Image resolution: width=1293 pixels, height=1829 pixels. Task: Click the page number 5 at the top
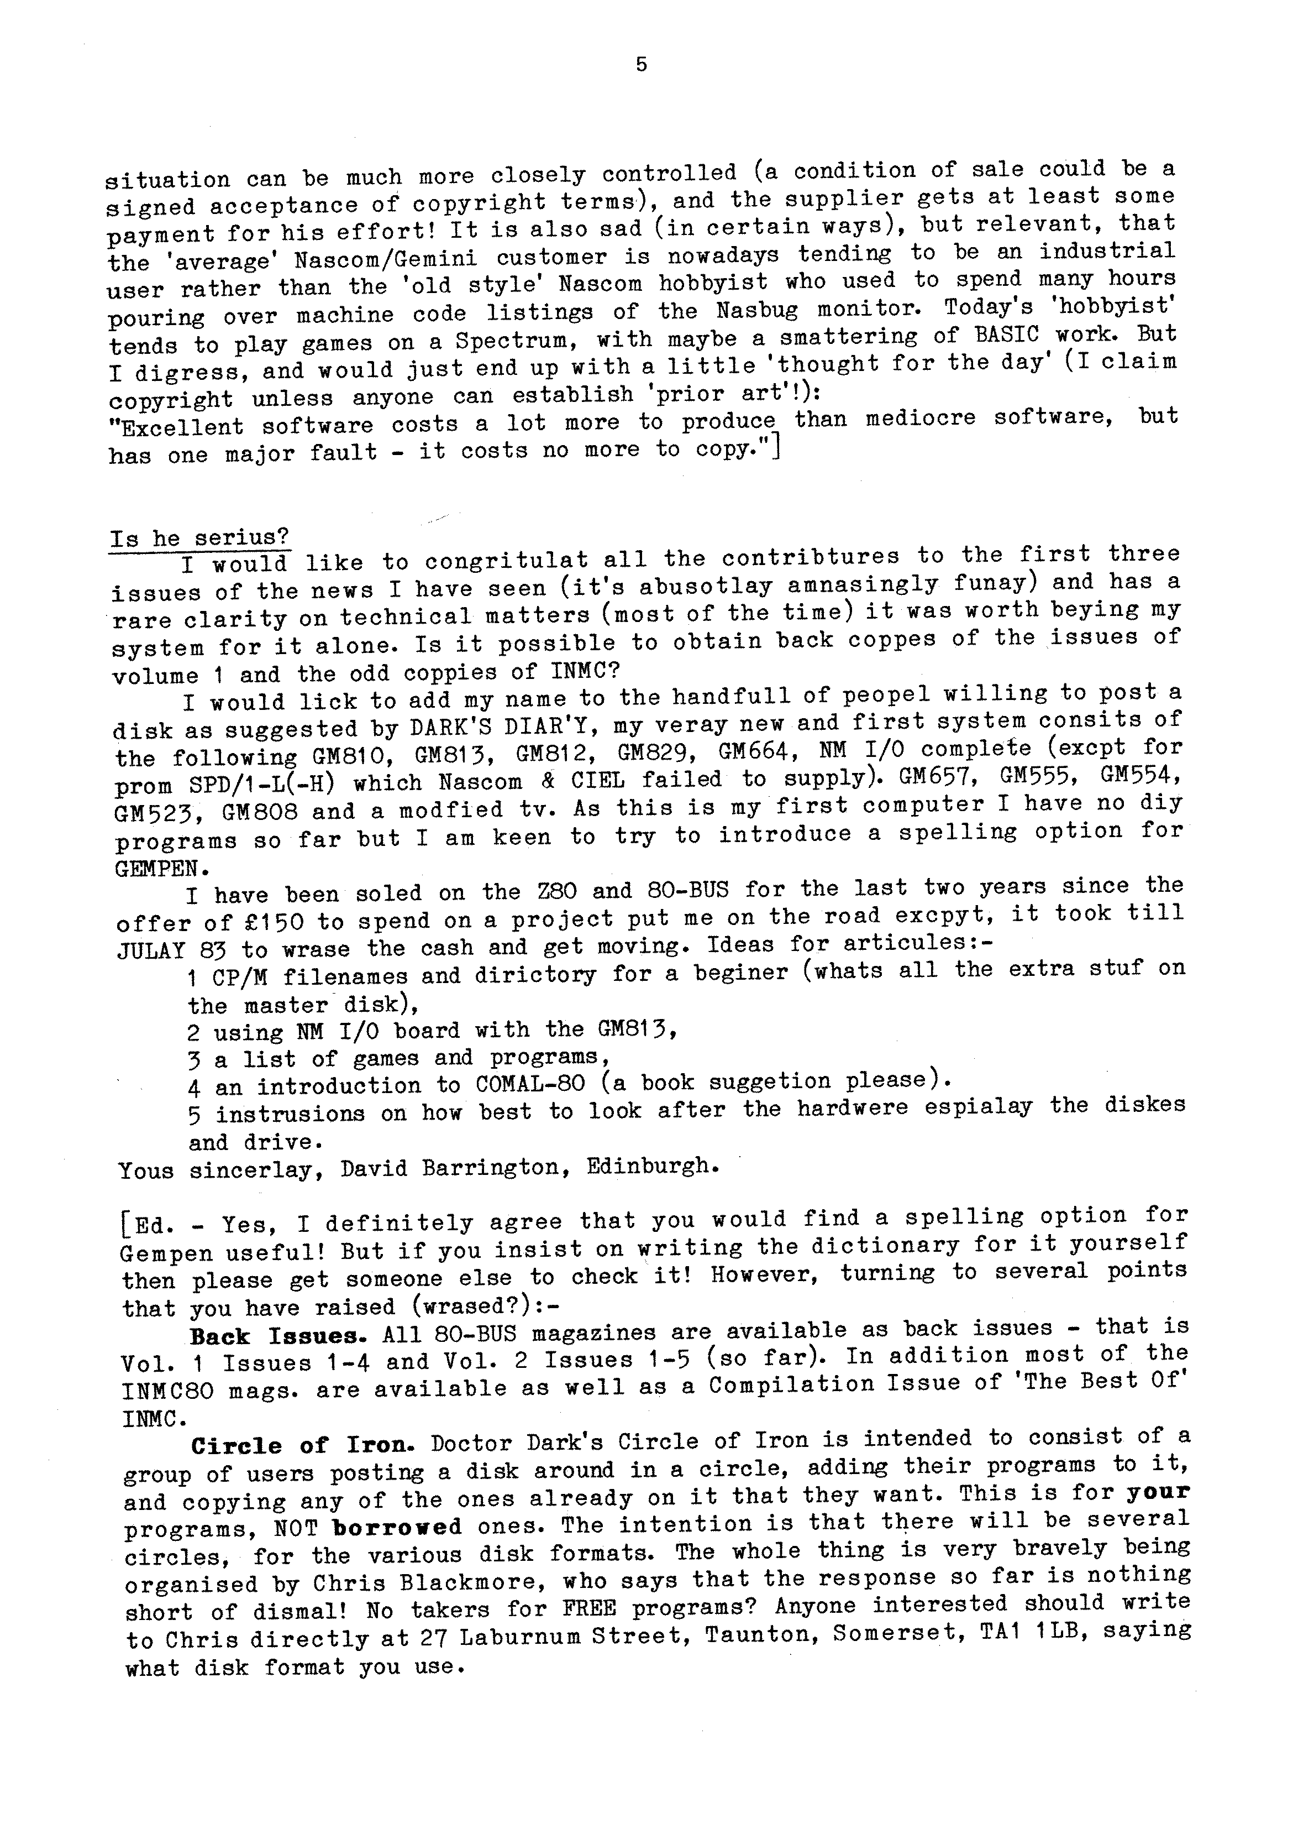[x=642, y=65]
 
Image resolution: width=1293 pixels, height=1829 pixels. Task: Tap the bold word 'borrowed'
[x=397, y=1527]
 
